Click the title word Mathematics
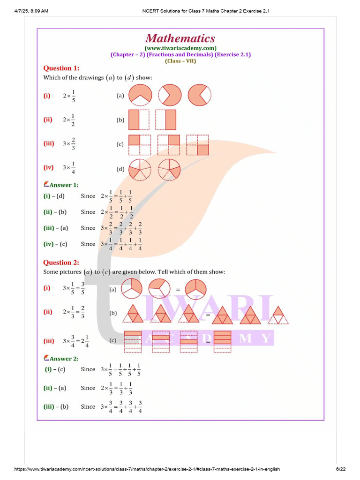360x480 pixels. click(180, 38)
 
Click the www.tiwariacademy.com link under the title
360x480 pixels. click(180, 48)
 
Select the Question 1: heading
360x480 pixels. click(61, 68)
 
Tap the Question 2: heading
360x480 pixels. click(61, 262)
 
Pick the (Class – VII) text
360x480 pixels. click(180, 60)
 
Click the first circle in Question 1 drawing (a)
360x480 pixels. click(140, 95)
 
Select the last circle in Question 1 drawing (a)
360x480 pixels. click(200, 95)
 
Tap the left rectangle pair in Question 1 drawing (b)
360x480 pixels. click(139, 120)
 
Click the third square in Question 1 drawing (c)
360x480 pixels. click(197, 144)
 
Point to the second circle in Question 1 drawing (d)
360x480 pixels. click(169, 169)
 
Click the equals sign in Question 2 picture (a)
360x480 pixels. click(178, 290)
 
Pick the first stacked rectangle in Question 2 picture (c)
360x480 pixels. click(133, 341)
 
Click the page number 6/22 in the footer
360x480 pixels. click(340, 469)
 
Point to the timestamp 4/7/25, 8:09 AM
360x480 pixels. click(31, 11)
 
